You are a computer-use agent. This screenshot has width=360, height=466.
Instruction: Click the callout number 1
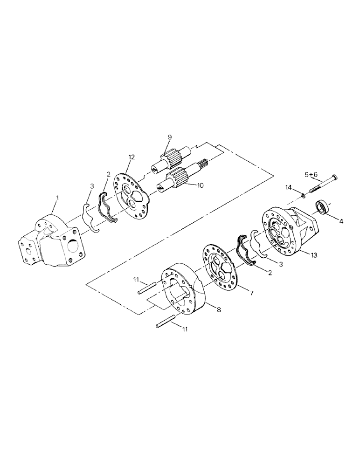tap(57, 198)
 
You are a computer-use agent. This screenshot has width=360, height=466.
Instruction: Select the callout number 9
tap(170, 137)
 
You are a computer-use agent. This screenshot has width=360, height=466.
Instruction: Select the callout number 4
tap(341, 221)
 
